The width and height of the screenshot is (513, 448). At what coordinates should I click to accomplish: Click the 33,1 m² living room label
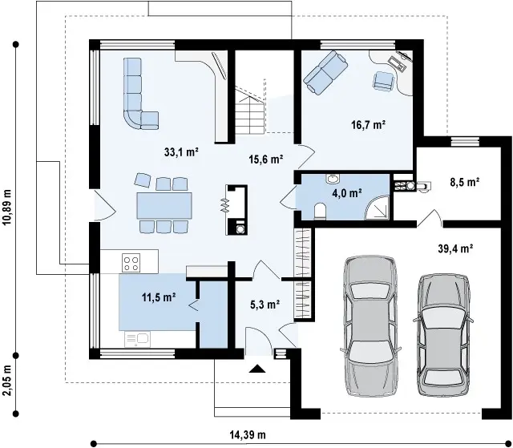(182, 152)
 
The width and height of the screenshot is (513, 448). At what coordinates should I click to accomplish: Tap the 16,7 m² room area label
(369, 125)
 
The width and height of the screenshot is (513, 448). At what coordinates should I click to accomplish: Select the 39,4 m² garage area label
(455, 249)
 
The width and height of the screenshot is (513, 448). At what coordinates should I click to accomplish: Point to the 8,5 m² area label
(465, 182)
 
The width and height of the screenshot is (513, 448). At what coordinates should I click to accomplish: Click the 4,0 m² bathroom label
(347, 193)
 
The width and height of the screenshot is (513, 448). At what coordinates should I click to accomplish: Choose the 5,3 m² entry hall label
(265, 305)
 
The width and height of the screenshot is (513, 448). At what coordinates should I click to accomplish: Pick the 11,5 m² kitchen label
(159, 297)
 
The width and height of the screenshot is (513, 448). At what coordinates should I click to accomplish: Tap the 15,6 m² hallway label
(265, 159)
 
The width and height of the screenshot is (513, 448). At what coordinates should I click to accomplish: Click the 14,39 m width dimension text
(248, 435)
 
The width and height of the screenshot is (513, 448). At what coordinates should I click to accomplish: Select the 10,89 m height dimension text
(7, 207)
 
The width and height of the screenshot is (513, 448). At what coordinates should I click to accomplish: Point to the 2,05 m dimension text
(7, 381)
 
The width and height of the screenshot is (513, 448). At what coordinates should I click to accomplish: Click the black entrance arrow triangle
(257, 369)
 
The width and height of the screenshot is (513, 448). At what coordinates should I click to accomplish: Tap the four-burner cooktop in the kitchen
(131, 263)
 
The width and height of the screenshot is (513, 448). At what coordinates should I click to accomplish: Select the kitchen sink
(137, 340)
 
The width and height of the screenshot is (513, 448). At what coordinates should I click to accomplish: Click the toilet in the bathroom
(320, 212)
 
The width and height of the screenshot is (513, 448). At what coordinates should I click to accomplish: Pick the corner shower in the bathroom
(378, 208)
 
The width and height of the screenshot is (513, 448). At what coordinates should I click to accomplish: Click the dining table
(164, 206)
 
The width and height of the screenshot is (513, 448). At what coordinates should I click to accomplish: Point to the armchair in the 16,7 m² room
(384, 80)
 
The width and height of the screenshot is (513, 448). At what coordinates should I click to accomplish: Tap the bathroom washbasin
(333, 179)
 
